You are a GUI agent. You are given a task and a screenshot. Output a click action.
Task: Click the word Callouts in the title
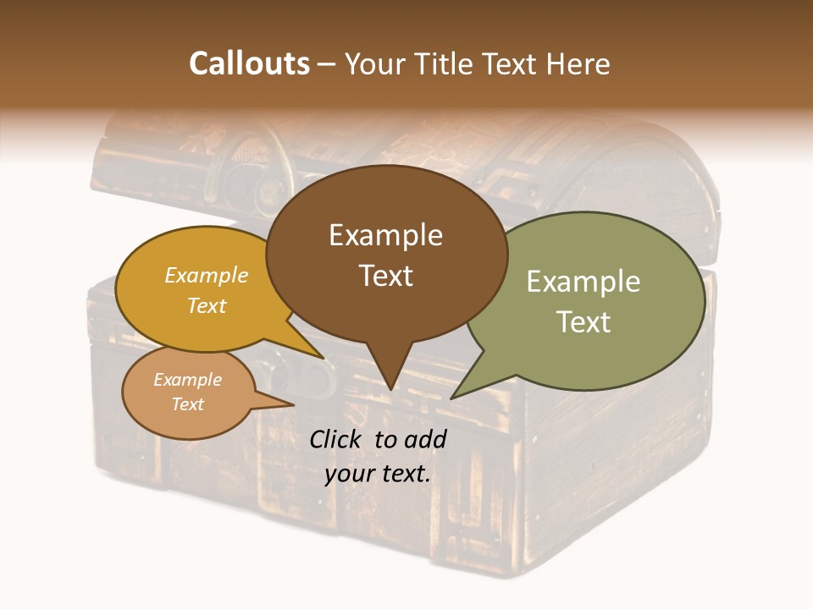click(x=249, y=64)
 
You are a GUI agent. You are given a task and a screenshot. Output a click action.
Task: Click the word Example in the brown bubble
click(x=385, y=235)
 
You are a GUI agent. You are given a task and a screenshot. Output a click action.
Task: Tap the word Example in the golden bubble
click(x=207, y=275)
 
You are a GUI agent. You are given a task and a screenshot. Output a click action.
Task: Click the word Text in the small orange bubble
click(x=187, y=404)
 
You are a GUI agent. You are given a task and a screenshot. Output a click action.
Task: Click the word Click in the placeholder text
click(x=335, y=439)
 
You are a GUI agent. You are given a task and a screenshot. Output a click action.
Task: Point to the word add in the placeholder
click(x=424, y=439)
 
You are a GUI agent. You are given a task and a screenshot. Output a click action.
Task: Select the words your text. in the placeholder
click(x=378, y=474)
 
